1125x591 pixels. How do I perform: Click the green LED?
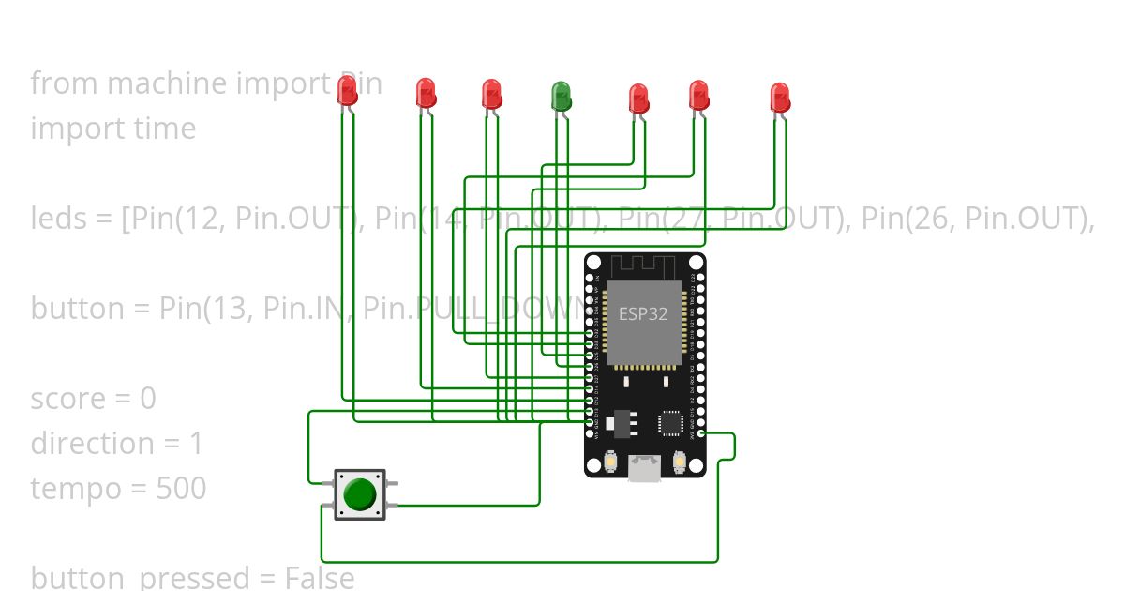[x=561, y=95]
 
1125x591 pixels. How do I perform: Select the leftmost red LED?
[x=347, y=90]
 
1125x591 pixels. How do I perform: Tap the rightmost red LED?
[x=780, y=98]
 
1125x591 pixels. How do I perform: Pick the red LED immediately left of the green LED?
[x=491, y=94]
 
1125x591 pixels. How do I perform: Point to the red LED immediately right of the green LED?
[x=638, y=98]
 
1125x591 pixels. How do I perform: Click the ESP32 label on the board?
[x=642, y=313]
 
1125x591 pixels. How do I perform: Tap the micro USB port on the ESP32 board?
[x=644, y=466]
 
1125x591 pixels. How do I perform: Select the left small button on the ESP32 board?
[x=610, y=462]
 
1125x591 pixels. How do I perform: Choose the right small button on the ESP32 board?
[x=680, y=462]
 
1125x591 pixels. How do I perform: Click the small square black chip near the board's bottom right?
[x=670, y=423]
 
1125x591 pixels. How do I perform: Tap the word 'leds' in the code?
[x=59, y=219]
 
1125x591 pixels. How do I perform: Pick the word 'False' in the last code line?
[x=319, y=578]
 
